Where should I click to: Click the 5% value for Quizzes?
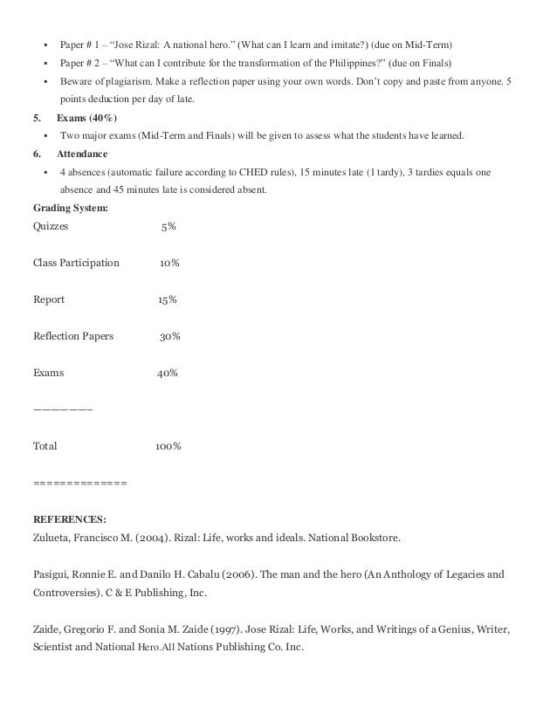point(168,226)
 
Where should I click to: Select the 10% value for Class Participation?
point(170,263)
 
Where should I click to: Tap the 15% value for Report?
point(168,299)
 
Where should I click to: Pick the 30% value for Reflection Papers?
point(170,336)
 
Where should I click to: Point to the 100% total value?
point(168,446)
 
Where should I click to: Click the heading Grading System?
point(71,208)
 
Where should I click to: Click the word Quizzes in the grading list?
point(52,226)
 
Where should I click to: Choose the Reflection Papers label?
point(73,336)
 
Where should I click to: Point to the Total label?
point(45,446)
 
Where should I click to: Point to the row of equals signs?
point(79,483)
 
